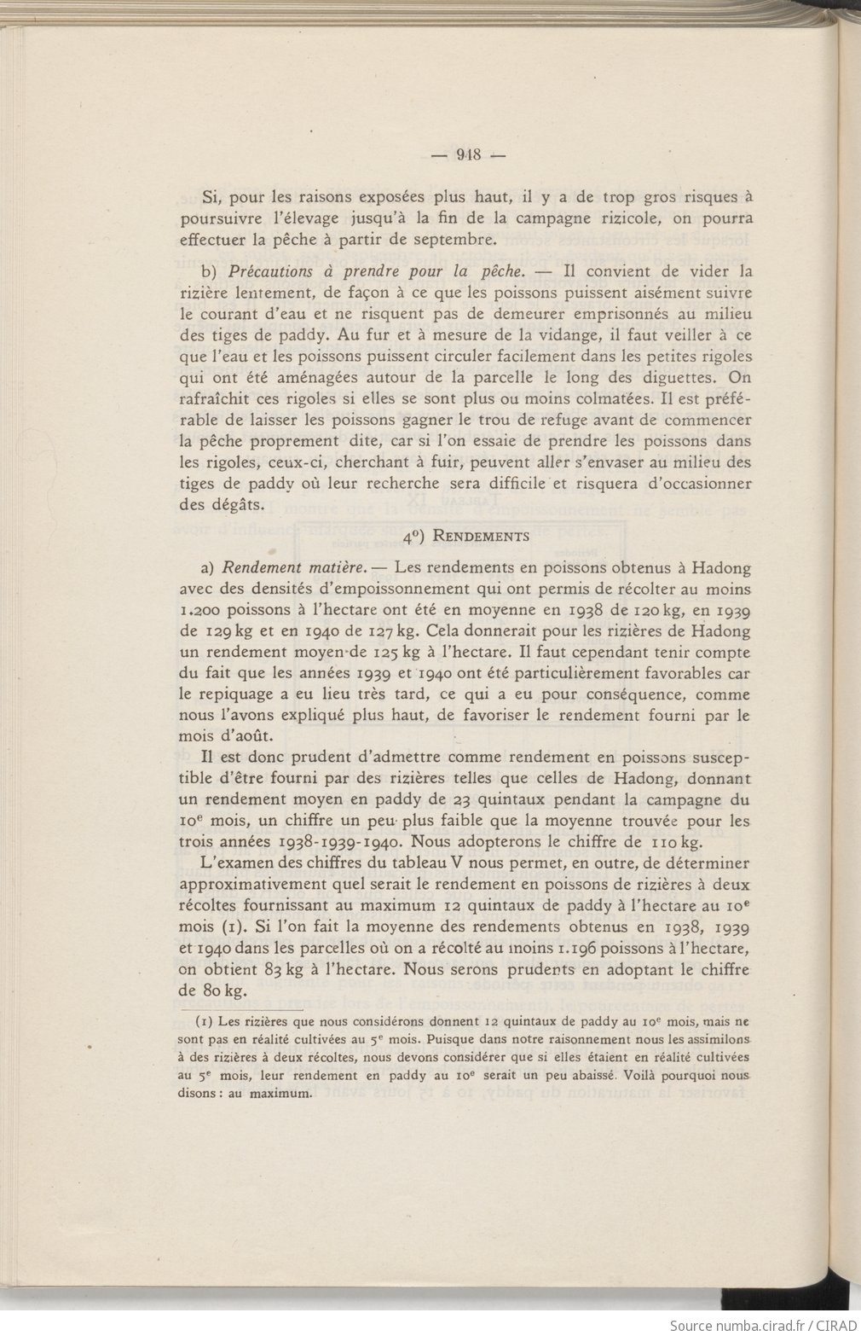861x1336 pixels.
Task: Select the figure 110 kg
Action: pos(652,842)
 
